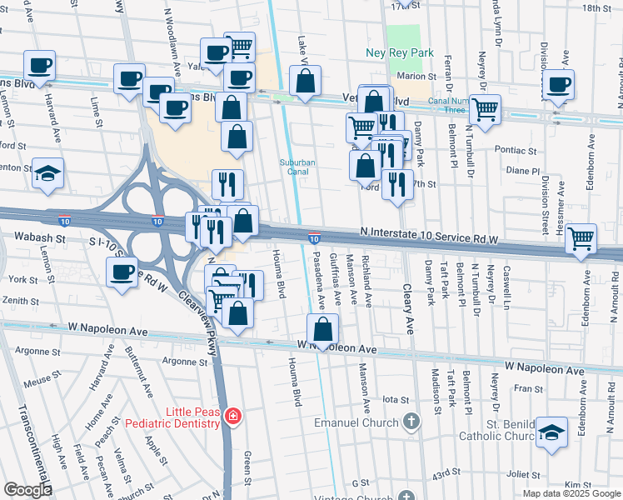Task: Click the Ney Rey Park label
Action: click(396, 53)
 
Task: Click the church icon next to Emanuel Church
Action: click(409, 422)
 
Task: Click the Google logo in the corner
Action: click(27, 489)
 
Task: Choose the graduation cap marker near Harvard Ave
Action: click(48, 173)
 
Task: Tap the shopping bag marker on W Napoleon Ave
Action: click(321, 329)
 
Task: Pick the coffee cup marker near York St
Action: click(122, 272)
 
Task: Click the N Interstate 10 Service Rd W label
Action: click(430, 239)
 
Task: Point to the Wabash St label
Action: click(40, 237)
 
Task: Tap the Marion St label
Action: click(411, 76)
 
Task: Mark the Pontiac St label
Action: click(519, 152)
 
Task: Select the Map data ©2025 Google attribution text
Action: click(571, 493)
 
